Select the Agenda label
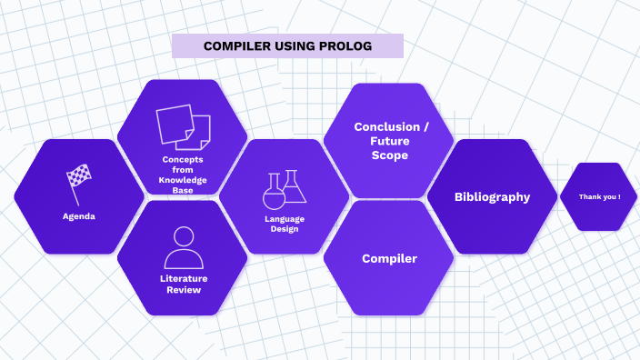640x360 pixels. point(79,216)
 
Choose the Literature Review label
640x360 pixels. point(184,284)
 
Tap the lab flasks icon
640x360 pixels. point(285,189)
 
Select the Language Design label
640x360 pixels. point(285,224)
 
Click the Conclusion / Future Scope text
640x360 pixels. point(388,141)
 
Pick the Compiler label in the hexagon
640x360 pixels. point(389,259)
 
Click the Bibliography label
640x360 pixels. point(492,197)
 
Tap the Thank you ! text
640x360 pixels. point(598,196)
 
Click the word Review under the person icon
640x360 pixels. point(184,290)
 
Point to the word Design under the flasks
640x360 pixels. point(285,229)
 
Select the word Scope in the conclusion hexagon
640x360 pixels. point(389,155)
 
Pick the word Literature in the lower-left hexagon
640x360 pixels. point(184,278)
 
